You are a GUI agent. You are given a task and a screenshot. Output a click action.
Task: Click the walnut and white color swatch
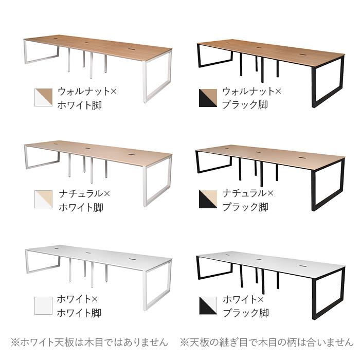(43, 97)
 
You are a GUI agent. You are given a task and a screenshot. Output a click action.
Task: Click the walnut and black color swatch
(208, 98)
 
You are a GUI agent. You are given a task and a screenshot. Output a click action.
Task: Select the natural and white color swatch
(43, 199)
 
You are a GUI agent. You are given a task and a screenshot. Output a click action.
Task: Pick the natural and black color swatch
(208, 199)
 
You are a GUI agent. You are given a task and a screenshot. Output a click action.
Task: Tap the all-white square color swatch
(43, 305)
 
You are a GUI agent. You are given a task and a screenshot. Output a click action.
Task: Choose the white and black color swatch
(208, 305)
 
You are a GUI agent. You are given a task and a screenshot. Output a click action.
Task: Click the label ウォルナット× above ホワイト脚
(87, 92)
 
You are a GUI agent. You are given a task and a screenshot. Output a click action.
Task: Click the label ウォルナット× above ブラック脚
(251, 92)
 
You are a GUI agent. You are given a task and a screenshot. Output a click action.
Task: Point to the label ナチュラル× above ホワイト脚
(84, 193)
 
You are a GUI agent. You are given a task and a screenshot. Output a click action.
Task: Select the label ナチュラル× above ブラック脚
(248, 193)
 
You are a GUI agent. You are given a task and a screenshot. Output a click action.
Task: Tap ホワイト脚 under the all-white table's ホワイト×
(79, 313)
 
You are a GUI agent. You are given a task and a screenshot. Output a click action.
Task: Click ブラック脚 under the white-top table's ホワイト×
(246, 313)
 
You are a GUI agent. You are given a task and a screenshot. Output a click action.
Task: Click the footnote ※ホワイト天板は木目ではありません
(89, 343)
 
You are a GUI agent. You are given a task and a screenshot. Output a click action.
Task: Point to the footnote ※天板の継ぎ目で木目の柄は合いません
(266, 343)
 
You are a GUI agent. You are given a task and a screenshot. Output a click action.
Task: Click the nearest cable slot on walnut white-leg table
(132, 49)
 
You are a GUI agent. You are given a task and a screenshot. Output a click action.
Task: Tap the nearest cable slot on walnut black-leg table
(303, 55)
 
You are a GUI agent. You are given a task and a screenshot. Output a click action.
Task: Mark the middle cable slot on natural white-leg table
(87, 148)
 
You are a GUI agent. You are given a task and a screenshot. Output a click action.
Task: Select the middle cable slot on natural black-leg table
(258, 152)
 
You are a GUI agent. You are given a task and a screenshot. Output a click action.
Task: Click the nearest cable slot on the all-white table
(132, 259)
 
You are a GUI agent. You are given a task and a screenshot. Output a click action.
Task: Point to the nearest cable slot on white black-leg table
(303, 266)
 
